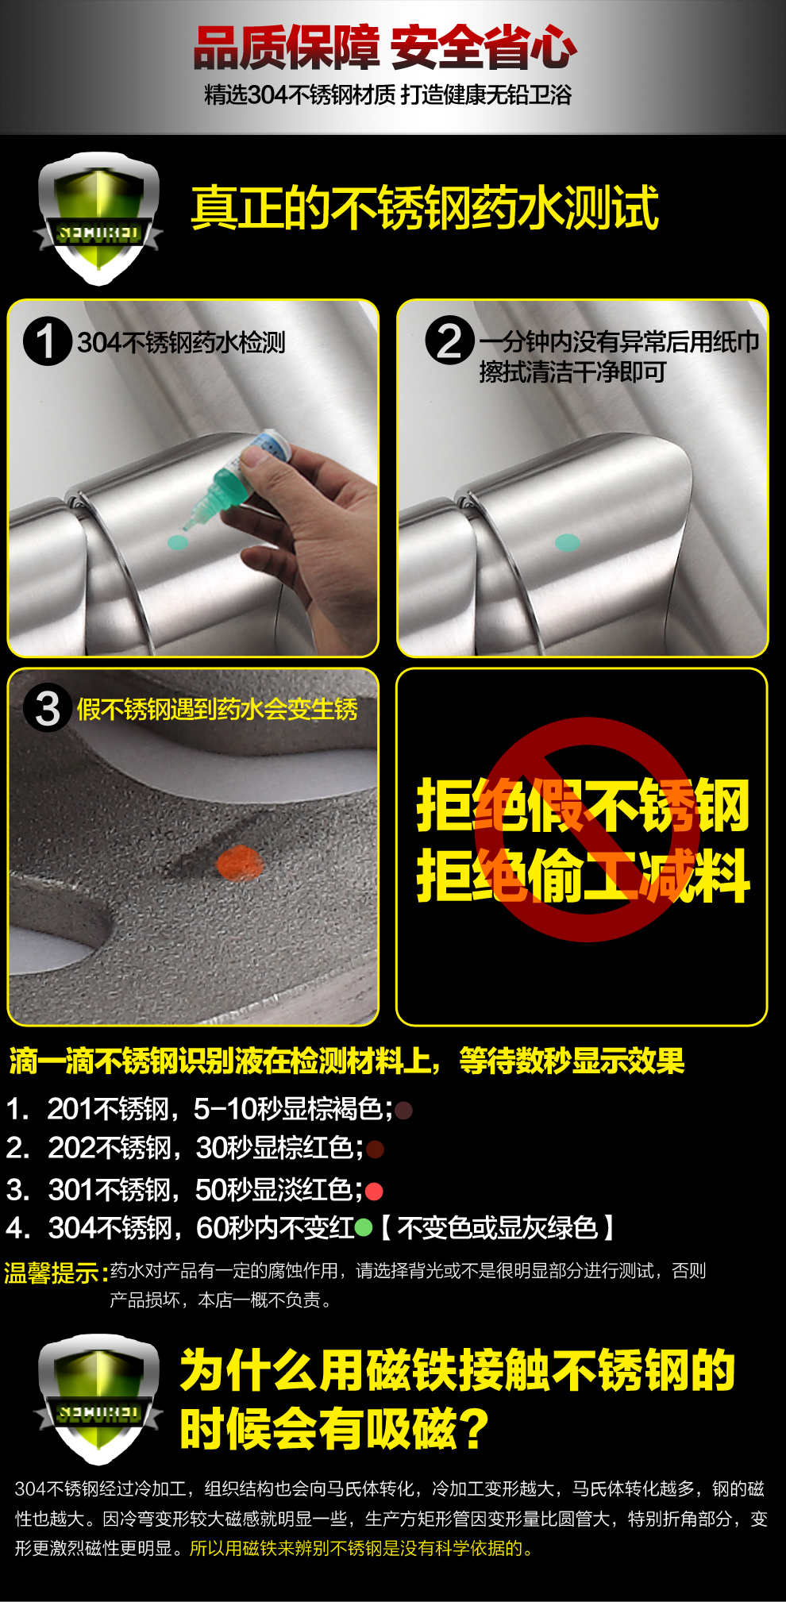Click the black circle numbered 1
pyautogui.click(x=48, y=341)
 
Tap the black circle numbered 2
pyautogui.click(x=450, y=341)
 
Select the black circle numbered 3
pyautogui.click(x=48, y=708)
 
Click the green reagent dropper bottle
pyautogui.click(x=237, y=479)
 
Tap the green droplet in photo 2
pyautogui.click(x=567, y=543)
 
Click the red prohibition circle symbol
pyautogui.click(x=588, y=830)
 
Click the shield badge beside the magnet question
pyautogui.click(x=98, y=1400)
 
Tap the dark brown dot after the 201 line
pyautogui.click(x=403, y=1110)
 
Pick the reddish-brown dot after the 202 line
pyautogui.click(x=376, y=1149)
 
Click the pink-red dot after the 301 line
pyautogui.click(x=374, y=1191)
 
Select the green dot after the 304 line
pyautogui.click(x=364, y=1228)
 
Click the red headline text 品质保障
pyautogui.click(x=287, y=48)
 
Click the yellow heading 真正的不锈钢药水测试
pyautogui.click(x=425, y=208)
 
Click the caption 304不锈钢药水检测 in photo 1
pyautogui.click(x=181, y=343)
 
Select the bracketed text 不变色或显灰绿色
pyautogui.click(x=497, y=1228)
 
